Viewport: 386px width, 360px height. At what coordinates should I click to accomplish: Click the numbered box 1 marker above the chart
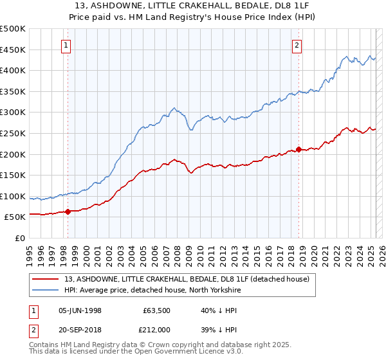click(x=68, y=45)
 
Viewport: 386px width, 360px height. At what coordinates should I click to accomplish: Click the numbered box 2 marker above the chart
click(x=297, y=45)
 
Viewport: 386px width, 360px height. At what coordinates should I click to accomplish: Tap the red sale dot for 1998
click(x=68, y=211)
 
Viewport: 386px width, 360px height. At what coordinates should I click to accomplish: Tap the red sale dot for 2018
click(x=299, y=149)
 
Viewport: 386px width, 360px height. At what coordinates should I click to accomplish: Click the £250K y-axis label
click(x=13, y=133)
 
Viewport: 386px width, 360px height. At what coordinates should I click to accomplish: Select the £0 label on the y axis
click(x=21, y=238)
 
